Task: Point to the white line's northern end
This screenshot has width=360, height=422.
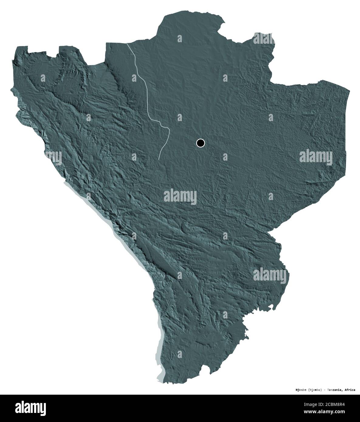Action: coord(127,44)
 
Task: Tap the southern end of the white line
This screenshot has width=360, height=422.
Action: coord(159,158)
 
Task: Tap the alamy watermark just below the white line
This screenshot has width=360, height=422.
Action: coord(180,197)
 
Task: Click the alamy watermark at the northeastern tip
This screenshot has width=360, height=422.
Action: coord(264,39)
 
